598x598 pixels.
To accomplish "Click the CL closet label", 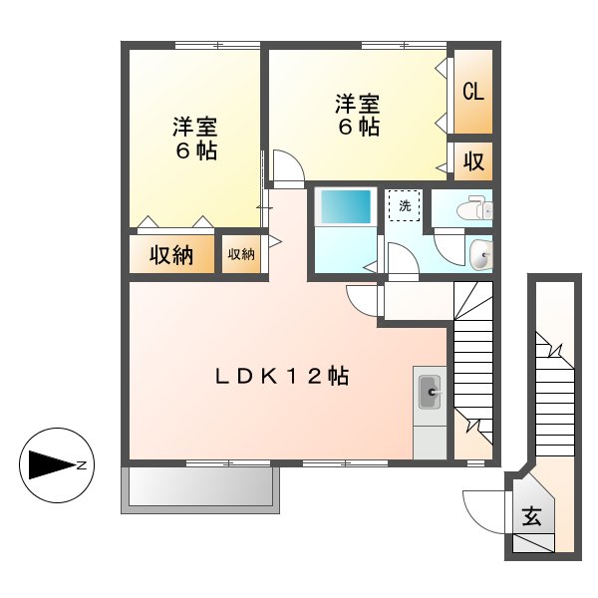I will coord(471,92).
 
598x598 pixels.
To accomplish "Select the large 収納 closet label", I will coord(171,255).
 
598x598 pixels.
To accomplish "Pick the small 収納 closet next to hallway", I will coord(241,254).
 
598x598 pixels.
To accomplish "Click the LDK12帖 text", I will coord(282,377).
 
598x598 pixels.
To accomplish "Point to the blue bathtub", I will coord(344,206).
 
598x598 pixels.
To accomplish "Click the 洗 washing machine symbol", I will coord(404,204).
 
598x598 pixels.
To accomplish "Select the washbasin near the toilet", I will coord(480,256).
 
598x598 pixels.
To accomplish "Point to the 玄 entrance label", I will coord(531,516).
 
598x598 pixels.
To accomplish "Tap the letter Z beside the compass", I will coord(83,464).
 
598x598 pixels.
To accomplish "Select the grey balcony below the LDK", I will coord(200,487).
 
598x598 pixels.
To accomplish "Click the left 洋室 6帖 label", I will coord(195,140).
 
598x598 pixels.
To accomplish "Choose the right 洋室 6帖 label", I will coord(356,115).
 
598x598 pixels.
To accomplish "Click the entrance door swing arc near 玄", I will coord(482,509).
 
